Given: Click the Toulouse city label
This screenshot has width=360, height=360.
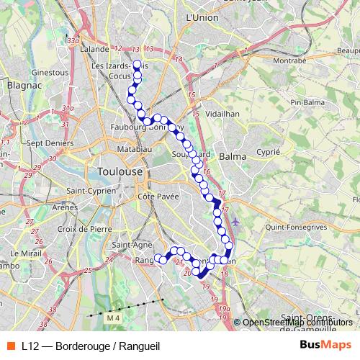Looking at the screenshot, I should pyautogui.click(x=119, y=172).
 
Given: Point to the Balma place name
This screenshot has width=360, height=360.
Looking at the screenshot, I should pyautogui.click(x=233, y=156).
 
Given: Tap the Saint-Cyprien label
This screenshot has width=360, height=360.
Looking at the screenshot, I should pyautogui.click(x=91, y=191).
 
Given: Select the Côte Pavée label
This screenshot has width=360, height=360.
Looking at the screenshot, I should pyautogui.click(x=157, y=196).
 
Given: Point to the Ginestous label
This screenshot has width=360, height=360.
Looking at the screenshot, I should pyautogui.click(x=50, y=73).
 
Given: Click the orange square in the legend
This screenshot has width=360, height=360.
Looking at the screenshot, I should pyautogui.click(x=10, y=345).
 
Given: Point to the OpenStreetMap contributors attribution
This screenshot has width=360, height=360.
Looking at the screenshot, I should pyautogui.click(x=289, y=323).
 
